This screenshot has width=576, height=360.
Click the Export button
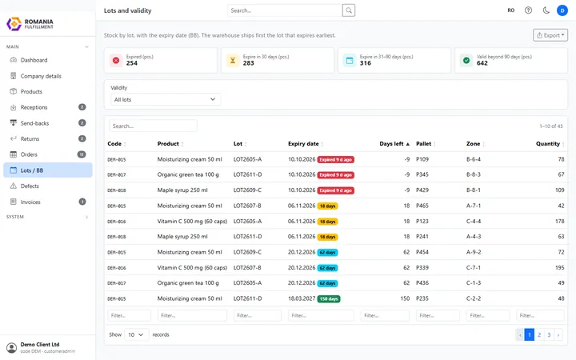550,35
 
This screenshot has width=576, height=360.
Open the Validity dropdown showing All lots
166,99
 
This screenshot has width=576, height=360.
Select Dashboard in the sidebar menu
34,60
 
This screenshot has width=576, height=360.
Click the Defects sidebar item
30,186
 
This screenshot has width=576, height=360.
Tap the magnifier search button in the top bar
349,10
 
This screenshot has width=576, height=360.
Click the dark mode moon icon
546,10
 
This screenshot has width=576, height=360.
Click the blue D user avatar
562,10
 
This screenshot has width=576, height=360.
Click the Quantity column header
548,144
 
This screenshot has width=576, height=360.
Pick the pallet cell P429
422,190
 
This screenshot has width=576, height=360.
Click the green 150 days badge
329,298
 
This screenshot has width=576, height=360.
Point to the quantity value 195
559,267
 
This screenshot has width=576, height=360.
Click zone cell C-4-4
474,221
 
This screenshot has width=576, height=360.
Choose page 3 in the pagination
549,334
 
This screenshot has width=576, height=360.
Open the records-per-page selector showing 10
136,334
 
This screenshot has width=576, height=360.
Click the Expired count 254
131,63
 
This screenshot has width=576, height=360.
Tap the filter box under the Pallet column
438,315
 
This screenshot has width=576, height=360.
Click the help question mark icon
528,10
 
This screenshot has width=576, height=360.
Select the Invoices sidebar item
30,202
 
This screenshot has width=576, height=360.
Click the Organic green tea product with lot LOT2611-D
188,174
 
